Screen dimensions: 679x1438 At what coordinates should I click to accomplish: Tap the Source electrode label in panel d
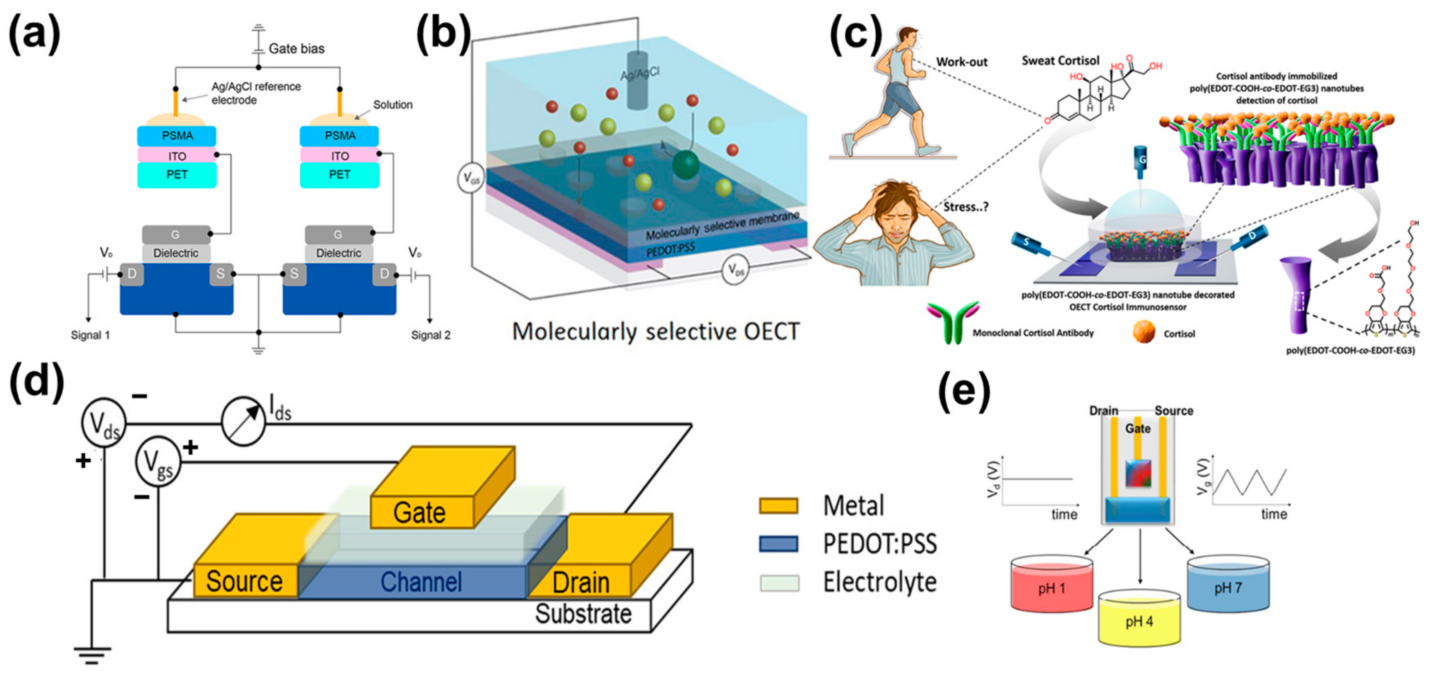tap(244, 582)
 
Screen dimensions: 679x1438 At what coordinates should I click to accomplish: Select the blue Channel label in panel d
tap(421, 582)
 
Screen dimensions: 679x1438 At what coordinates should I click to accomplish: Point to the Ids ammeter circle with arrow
tap(243, 421)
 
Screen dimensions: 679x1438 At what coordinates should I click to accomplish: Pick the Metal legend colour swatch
tap(778, 506)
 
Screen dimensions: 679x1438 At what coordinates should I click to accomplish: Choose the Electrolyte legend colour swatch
tap(778, 583)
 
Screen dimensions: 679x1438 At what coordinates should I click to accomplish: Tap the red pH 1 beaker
tap(1051, 586)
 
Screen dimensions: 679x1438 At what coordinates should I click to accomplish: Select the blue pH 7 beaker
tap(1228, 586)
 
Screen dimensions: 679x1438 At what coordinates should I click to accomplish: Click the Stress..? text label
tap(966, 207)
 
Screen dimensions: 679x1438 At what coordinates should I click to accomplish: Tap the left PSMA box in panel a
tap(177, 136)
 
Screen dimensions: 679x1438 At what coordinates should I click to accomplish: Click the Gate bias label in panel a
tap(296, 49)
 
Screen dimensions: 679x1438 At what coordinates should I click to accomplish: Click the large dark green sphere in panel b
tap(686, 164)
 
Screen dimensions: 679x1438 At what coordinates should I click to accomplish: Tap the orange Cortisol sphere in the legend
tap(1144, 332)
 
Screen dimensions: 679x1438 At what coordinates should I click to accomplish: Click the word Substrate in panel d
tap(583, 614)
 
